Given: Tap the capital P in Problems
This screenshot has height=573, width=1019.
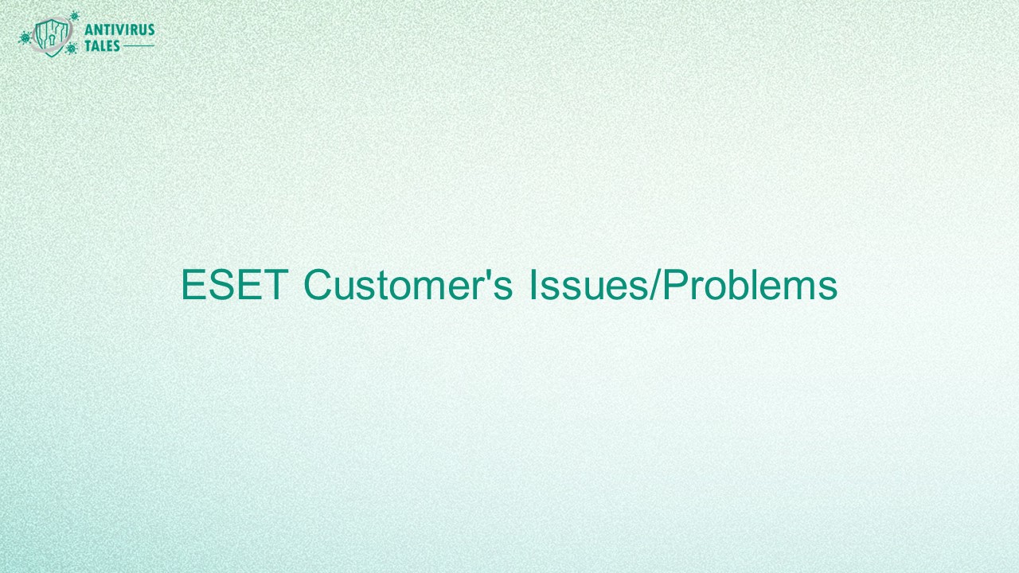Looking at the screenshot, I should (x=673, y=286).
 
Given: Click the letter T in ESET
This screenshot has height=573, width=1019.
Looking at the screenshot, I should (x=275, y=286).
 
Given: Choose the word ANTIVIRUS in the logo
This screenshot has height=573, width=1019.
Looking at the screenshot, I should (x=119, y=31).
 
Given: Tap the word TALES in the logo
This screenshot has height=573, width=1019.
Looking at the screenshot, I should (x=103, y=46).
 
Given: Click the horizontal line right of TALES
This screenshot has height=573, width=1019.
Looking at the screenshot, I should (x=139, y=47).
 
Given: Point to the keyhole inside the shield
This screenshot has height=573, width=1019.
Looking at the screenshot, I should (x=53, y=37).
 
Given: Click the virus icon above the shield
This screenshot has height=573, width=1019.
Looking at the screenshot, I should (x=74, y=15).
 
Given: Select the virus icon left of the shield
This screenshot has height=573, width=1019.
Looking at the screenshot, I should (x=25, y=37).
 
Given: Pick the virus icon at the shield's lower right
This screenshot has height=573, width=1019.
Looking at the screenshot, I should (x=72, y=49).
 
